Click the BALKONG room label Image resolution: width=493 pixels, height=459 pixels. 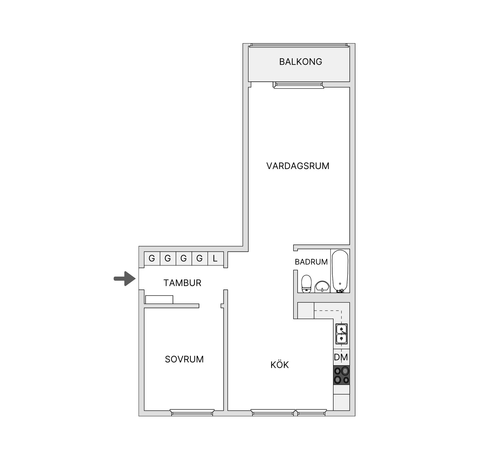(x=300, y=62)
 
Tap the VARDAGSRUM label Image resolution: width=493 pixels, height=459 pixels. (x=298, y=166)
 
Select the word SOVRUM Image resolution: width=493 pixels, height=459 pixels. (x=184, y=359)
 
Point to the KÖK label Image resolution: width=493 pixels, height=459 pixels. (x=280, y=364)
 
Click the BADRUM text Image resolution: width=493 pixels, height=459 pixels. (x=311, y=262)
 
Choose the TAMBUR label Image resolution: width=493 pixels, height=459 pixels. (x=182, y=283)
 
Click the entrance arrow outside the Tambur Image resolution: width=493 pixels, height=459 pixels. (x=125, y=278)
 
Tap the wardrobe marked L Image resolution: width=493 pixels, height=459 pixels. (x=215, y=258)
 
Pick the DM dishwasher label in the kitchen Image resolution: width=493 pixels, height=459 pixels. (x=341, y=357)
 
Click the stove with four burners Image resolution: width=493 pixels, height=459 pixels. (x=342, y=375)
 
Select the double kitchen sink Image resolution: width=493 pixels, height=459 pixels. (x=342, y=334)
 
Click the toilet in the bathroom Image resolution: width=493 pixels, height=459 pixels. (x=306, y=284)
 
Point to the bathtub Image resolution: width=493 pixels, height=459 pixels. (x=340, y=271)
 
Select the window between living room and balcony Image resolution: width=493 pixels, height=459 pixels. (x=299, y=85)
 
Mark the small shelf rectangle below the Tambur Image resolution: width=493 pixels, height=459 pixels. (x=159, y=299)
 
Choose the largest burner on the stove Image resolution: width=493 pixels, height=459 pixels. (x=345, y=371)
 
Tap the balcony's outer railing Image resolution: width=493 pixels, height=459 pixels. (x=299, y=45)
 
